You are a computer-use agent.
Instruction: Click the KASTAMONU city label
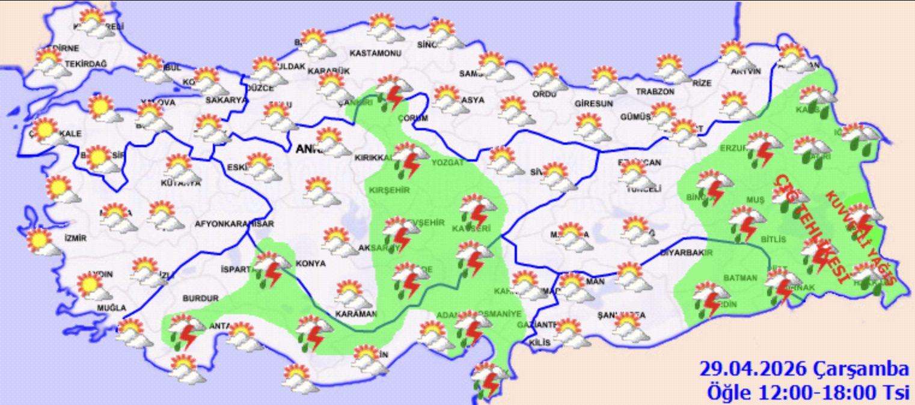coord(375,53)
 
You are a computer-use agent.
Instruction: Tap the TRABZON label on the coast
coord(655,92)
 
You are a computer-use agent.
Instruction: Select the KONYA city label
coord(310,263)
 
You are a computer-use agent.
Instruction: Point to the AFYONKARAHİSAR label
coord(234,224)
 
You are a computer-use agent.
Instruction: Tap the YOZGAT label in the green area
coord(448,162)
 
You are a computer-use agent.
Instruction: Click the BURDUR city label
coord(198,297)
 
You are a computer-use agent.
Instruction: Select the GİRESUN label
coord(593,103)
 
